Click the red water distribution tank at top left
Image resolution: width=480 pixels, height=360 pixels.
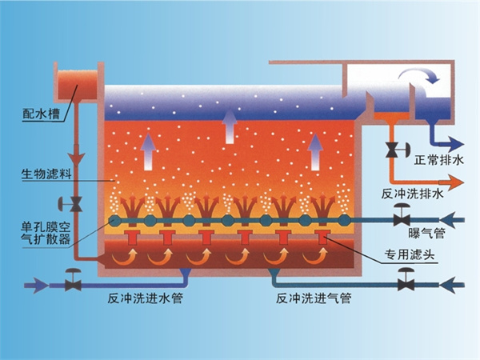click(76, 80)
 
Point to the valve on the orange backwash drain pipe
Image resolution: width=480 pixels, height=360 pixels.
click(393, 149)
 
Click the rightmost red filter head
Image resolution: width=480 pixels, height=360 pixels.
click(323, 238)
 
